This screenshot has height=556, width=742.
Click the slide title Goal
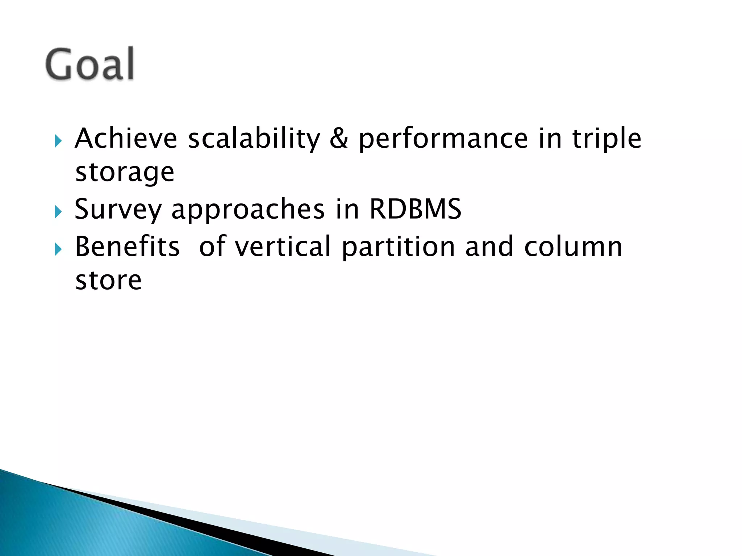pyautogui.click(x=90, y=64)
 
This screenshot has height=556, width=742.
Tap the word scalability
pyautogui.click(x=254, y=139)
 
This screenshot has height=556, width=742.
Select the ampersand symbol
pyautogui.click(x=339, y=139)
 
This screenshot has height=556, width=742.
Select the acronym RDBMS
pyautogui.click(x=415, y=209)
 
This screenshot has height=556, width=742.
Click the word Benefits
pyautogui.click(x=127, y=247)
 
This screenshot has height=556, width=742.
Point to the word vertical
pyautogui.click(x=283, y=247)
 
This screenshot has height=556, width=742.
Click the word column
pyautogui.click(x=573, y=247)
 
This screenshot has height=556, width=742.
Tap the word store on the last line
pyautogui.click(x=108, y=281)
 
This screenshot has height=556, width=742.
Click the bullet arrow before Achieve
pyautogui.click(x=58, y=141)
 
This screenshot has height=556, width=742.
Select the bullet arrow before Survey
pyautogui.click(x=58, y=211)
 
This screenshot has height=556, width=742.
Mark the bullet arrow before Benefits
pyautogui.click(x=58, y=249)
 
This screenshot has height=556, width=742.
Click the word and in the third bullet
pyautogui.click(x=489, y=247)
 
